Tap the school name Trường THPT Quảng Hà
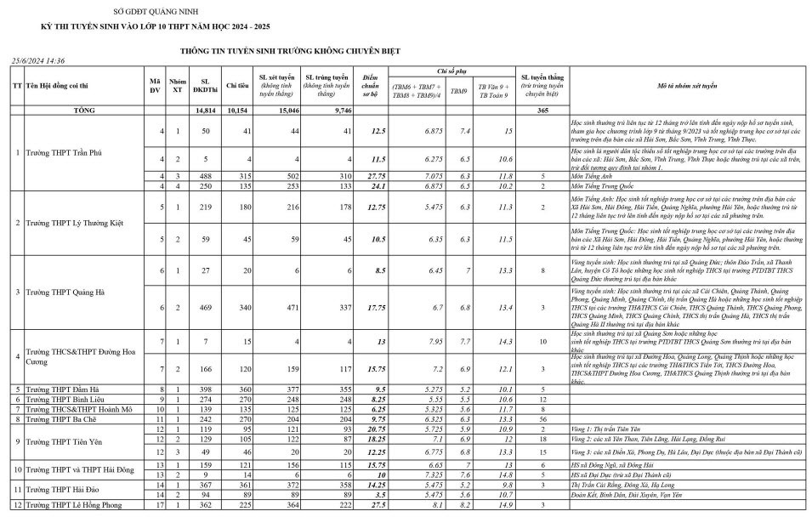point(65,293)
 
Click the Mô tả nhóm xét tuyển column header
point(687,86)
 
